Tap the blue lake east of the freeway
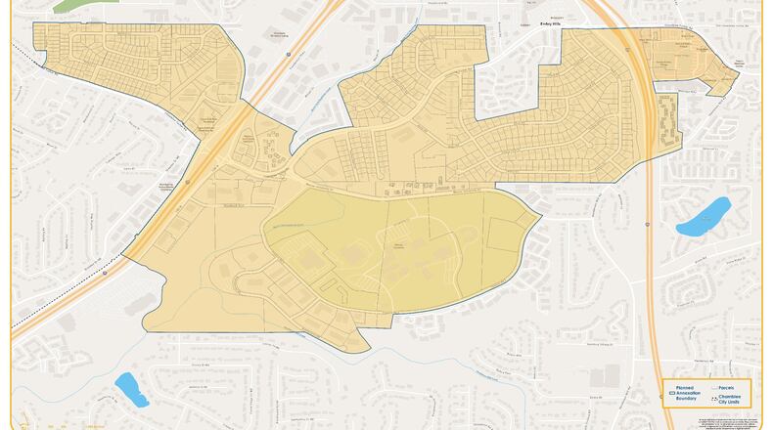coord(704,217)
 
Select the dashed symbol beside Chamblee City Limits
coord(712,398)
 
